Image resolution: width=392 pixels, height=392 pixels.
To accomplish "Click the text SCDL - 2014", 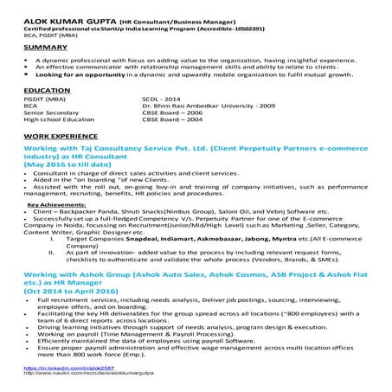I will (x=160, y=100).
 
